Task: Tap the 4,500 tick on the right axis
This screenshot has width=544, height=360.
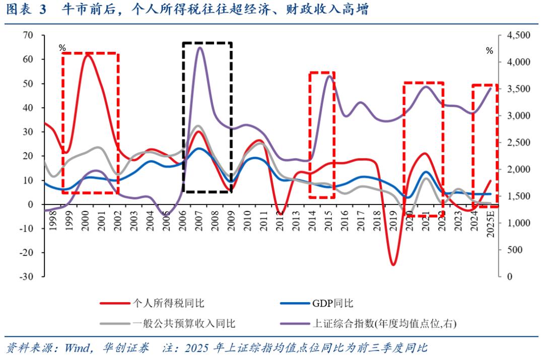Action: coord(518,35)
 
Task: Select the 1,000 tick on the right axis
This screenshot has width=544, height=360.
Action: coord(518,223)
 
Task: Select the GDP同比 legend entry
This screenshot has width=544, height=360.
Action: coord(332,303)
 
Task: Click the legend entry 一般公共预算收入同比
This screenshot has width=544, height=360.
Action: coord(183,323)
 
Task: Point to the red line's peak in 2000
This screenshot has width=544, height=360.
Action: coord(88,54)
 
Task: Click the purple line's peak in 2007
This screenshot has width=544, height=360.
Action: coord(199,47)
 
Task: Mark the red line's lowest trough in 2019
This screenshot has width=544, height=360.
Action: coord(393,264)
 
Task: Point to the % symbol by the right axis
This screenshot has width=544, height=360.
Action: coord(489,50)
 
